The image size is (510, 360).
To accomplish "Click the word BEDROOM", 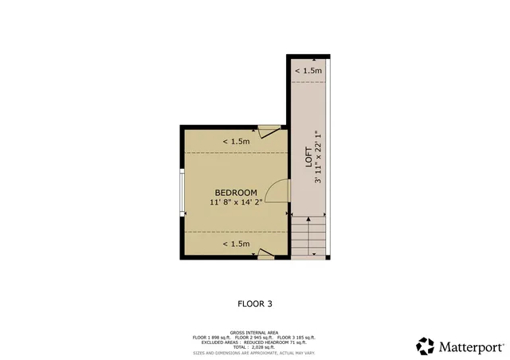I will pos(236,193).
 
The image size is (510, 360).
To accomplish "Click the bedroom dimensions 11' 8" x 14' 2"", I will pos(236,203).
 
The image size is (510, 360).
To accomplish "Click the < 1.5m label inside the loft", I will pos(308,71).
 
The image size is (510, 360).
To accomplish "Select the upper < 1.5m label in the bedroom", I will pos(237,141).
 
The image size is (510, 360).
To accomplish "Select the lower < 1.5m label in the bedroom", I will pos(237,244).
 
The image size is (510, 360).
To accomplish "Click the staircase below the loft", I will pos(310,237).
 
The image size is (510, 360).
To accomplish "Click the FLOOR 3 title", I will pos(255,303).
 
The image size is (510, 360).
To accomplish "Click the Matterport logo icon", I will pos(426,346).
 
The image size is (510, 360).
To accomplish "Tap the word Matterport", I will pos(470,347).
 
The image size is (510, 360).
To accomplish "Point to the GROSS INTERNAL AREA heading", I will pos(255,332).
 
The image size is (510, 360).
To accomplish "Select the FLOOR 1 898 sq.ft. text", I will pos(212,338).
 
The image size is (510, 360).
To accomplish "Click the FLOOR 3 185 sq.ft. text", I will pos(296,338).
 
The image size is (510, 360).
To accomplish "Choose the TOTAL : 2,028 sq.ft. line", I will pos(255,347).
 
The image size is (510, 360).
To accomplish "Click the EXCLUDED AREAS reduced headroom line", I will pos(255,342).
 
